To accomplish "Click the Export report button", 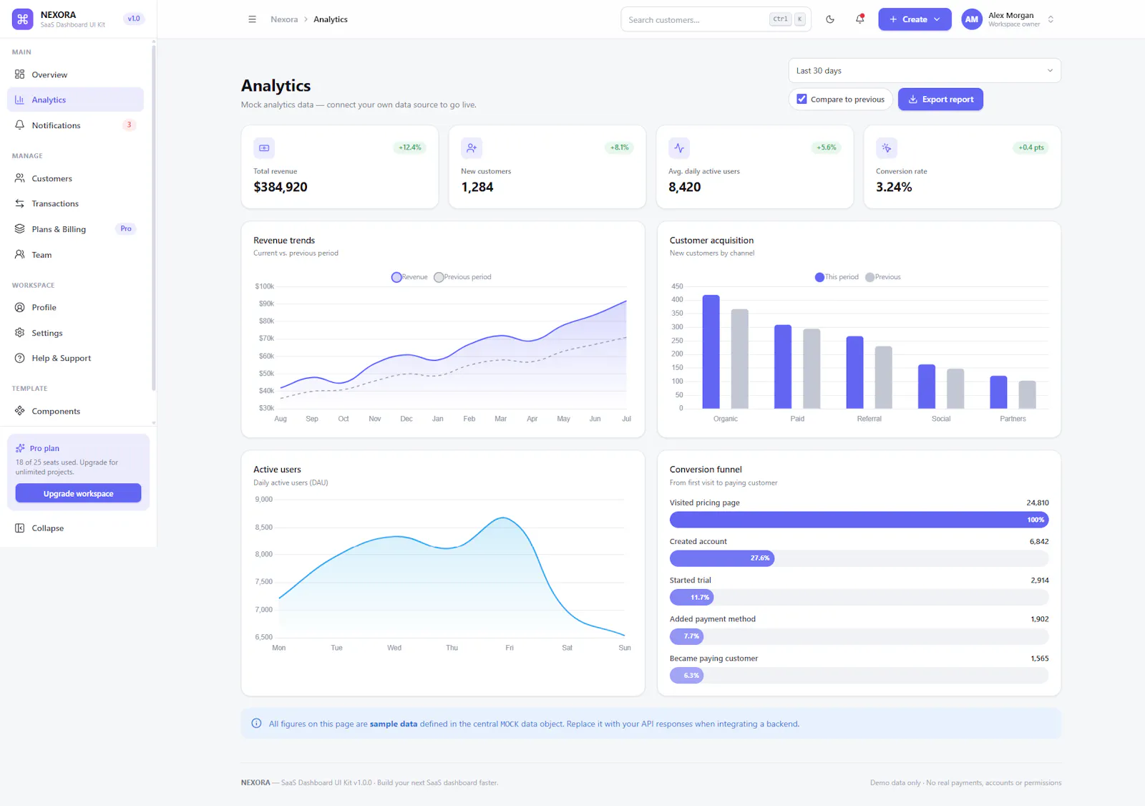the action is pyautogui.click(x=940, y=99).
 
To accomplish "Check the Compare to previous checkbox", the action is pyautogui.click(x=801, y=99).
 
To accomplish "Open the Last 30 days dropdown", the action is pyautogui.click(x=924, y=71).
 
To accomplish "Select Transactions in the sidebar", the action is pyautogui.click(x=54, y=203).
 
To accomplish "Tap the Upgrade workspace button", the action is pyautogui.click(x=78, y=493).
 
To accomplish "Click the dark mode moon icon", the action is pyautogui.click(x=829, y=19).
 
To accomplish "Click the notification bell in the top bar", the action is pyautogui.click(x=859, y=19).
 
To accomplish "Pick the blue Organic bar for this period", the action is pyautogui.click(x=711, y=352).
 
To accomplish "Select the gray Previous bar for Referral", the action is pyautogui.click(x=883, y=377).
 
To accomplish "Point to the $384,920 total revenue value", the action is pyautogui.click(x=280, y=187).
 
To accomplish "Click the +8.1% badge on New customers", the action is pyautogui.click(x=619, y=147).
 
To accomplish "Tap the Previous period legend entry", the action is pyautogui.click(x=462, y=277).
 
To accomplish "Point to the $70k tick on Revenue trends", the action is pyautogui.click(x=266, y=338).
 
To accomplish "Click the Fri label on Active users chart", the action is pyautogui.click(x=509, y=648).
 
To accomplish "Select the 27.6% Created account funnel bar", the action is pyautogui.click(x=722, y=558).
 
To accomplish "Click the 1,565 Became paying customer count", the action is pyautogui.click(x=1039, y=659).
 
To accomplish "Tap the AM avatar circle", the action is pyautogui.click(x=971, y=19).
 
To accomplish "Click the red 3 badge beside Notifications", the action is pyautogui.click(x=129, y=125).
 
